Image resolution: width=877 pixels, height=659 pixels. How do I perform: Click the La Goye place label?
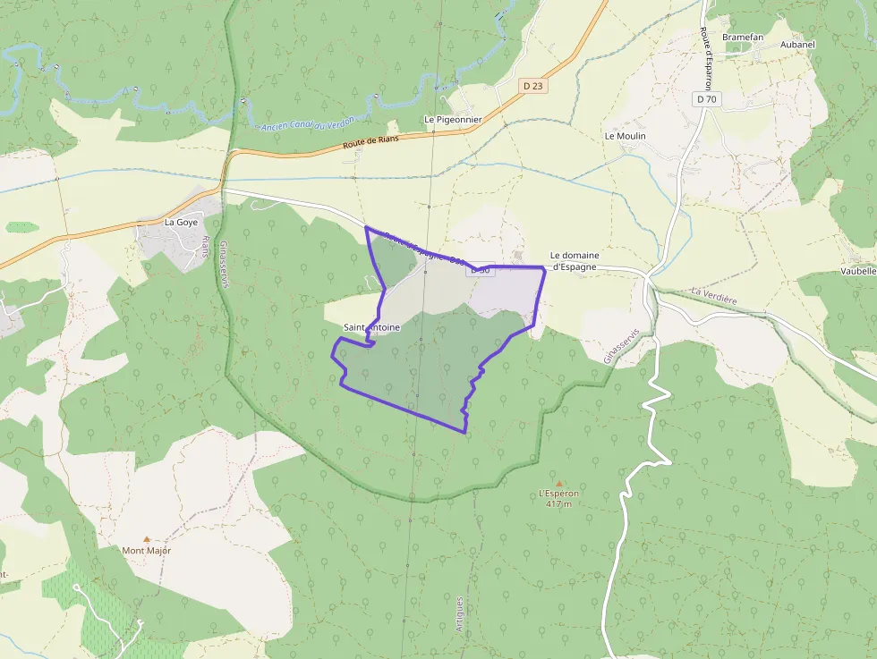coord(181,222)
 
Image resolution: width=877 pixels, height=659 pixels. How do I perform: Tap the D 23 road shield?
coord(532,86)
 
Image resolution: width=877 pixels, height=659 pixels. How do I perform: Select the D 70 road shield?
coord(707,99)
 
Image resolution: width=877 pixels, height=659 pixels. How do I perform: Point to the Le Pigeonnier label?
coord(452,119)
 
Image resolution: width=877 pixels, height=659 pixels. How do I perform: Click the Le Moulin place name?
coord(625,136)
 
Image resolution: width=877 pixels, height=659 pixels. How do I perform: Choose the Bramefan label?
coord(742,37)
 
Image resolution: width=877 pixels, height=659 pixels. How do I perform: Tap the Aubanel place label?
coord(797,44)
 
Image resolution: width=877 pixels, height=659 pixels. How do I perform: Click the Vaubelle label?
coord(858,271)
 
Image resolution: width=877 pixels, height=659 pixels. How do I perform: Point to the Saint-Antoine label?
coord(371,328)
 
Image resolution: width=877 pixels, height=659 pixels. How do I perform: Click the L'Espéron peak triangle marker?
coord(559,483)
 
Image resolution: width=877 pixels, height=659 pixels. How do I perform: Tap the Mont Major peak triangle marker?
coord(147,539)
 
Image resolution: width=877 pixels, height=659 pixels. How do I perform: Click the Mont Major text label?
coord(147,551)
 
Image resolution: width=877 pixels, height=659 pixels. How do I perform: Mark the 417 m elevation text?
coord(558,504)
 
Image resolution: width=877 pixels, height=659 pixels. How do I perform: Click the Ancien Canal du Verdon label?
coord(310,123)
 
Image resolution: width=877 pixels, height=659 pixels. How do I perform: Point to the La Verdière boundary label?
coord(713,296)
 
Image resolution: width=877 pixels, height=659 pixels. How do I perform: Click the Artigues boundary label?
coord(460,614)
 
